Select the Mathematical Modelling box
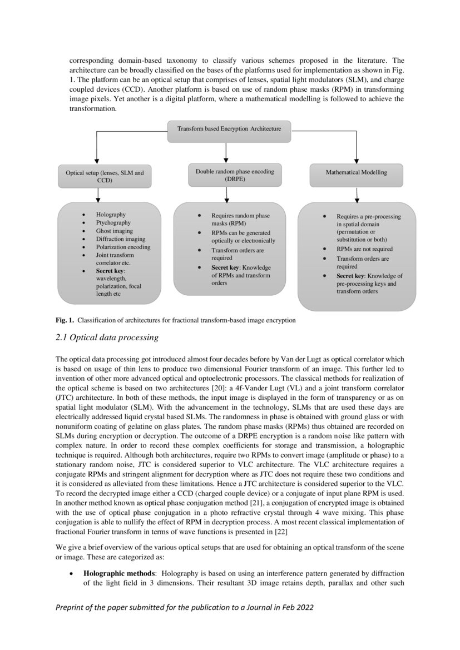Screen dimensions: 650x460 tap(356, 173)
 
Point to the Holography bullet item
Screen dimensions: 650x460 tap(111, 215)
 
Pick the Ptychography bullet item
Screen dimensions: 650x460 tap(113, 223)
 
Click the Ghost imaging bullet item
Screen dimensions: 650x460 tap(115, 231)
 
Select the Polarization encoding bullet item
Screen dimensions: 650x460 tap(123, 247)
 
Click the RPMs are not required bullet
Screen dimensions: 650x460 tap(364, 249)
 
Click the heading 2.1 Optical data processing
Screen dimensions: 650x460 tap(107, 338)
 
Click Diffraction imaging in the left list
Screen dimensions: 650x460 tap(121, 239)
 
